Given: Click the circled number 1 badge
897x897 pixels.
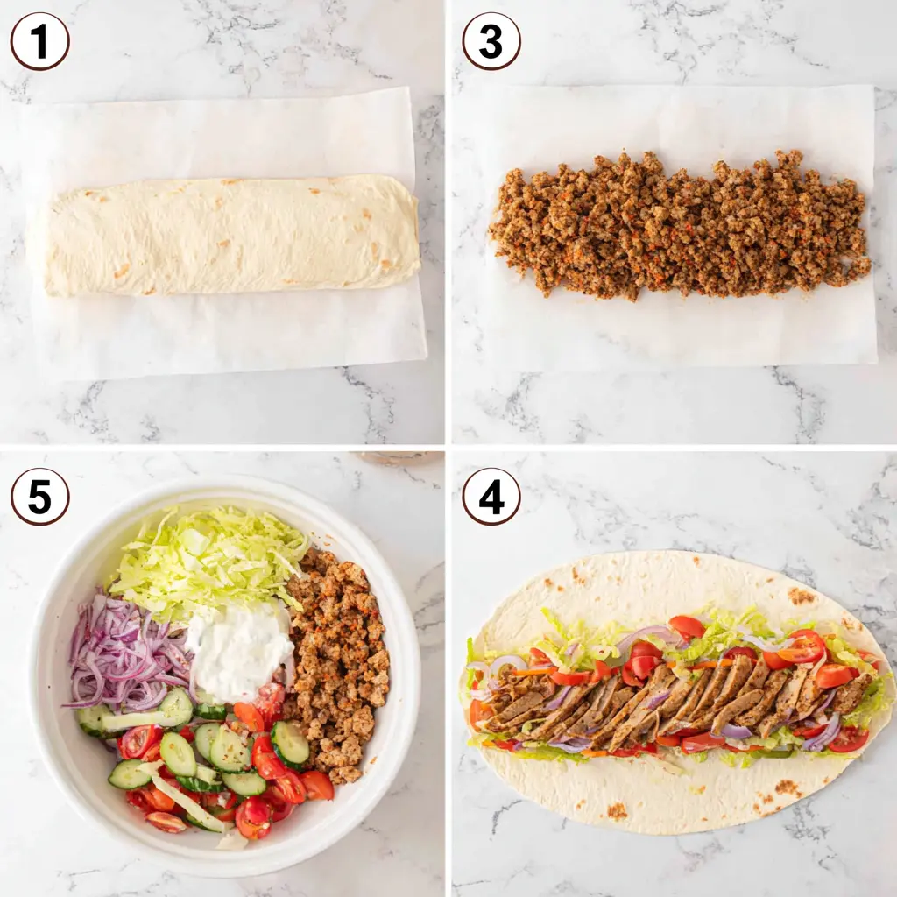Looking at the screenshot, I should pyautogui.click(x=39, y=41).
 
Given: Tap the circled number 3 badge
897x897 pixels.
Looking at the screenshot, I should pyautogui.click(x=491, y=41).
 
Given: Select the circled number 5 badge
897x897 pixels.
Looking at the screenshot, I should pyautogui.click(x=39, y=496).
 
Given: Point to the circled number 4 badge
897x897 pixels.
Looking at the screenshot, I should pyautogui.click(x=491, y=496).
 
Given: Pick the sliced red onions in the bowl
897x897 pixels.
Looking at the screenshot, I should pyautogui.click(x=123, y=653).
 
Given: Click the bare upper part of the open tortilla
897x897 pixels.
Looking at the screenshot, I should pyautogui.click(x=666, y=583).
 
